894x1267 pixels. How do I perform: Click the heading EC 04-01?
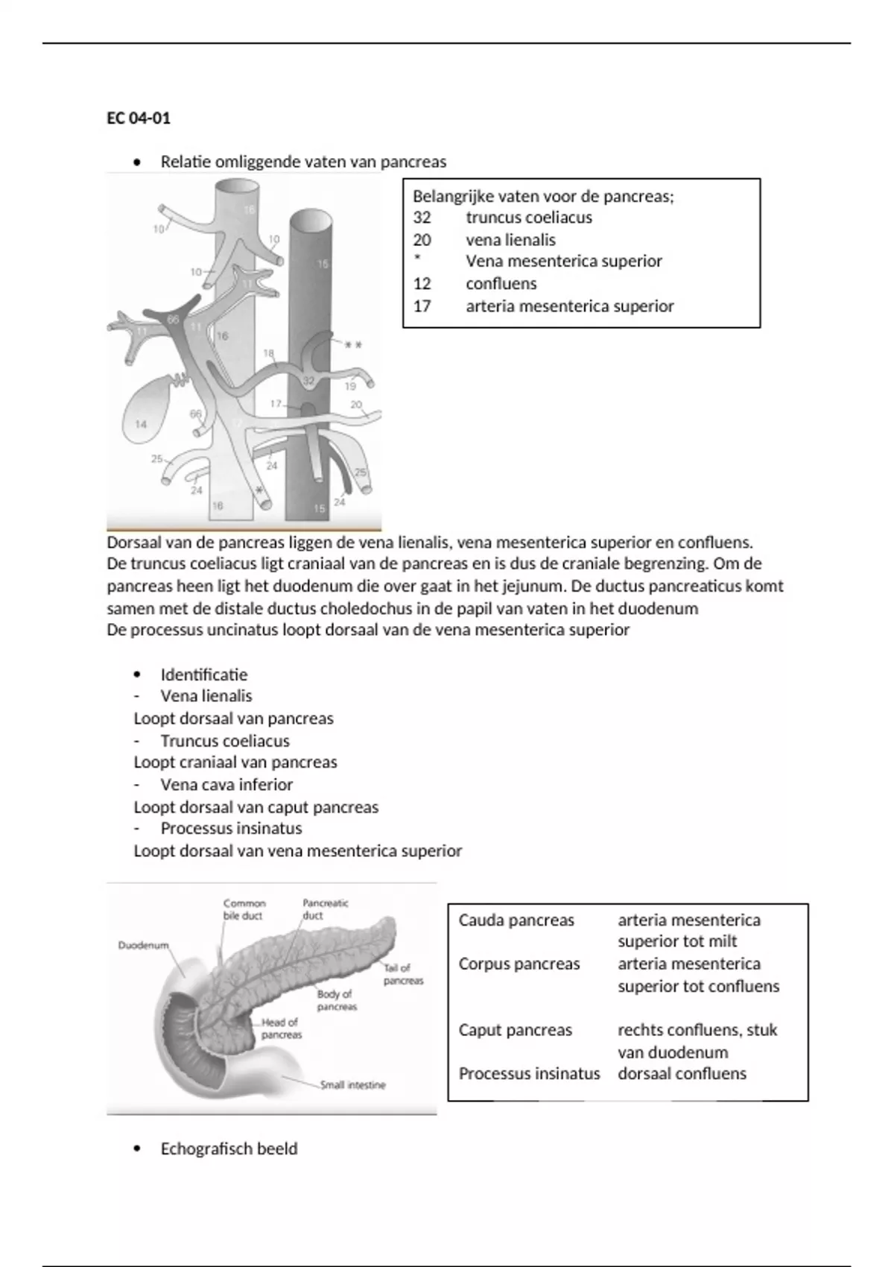coord(139,119)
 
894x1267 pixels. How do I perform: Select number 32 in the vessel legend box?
coord(422,218)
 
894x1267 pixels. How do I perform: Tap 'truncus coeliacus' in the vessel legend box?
coord(529,218)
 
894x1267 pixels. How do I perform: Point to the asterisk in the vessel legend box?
coord(417,259)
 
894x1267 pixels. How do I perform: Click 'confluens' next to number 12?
coord(501,284)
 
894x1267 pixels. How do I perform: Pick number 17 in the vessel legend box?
coord(422,306)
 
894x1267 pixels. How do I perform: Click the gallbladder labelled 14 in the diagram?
coord(140,424)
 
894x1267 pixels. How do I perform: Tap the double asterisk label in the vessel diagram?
coord(353,346)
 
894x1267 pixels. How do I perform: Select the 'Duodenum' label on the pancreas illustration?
coord(143,945)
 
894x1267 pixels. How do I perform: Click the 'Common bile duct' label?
coord(244,909)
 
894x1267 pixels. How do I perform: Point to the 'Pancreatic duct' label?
coord(325,909)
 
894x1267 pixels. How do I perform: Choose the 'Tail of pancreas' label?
coord(403,974)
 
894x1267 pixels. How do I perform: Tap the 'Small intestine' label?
coord(352,1085)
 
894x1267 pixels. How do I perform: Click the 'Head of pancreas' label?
coord(281,1029)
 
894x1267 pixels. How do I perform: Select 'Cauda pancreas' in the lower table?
coord(516,920)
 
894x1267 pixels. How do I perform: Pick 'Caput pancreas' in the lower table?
coord(516,1030)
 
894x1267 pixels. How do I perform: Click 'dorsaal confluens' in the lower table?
coord(682,1074)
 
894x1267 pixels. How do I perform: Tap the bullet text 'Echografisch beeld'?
coord(229,1149)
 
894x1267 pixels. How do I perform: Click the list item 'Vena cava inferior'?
coord(226,785)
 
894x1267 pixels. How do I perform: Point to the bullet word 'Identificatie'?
coord(204,674)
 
